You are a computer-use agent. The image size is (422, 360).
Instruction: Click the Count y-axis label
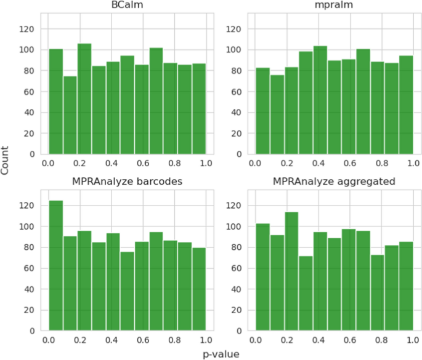6,164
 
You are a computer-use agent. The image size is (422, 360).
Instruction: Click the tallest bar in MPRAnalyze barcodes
55,265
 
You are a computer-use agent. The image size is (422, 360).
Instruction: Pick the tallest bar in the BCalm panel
84,98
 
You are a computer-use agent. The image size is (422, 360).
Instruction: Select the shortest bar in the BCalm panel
70,114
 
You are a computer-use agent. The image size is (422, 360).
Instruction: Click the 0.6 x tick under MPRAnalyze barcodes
142,340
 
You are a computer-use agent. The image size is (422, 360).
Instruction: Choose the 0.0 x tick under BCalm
48,163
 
